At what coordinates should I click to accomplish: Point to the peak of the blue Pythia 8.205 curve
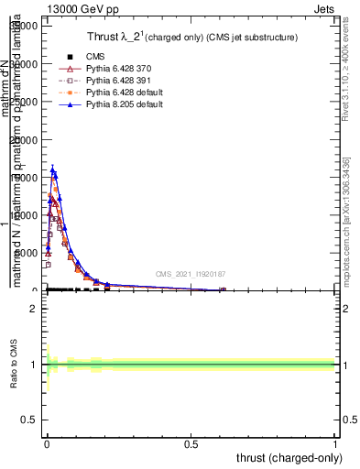[x=52, y=169]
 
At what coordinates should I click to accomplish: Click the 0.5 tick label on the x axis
[x=191, y=443]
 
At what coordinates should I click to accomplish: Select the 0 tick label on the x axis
[x=47, y=443]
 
